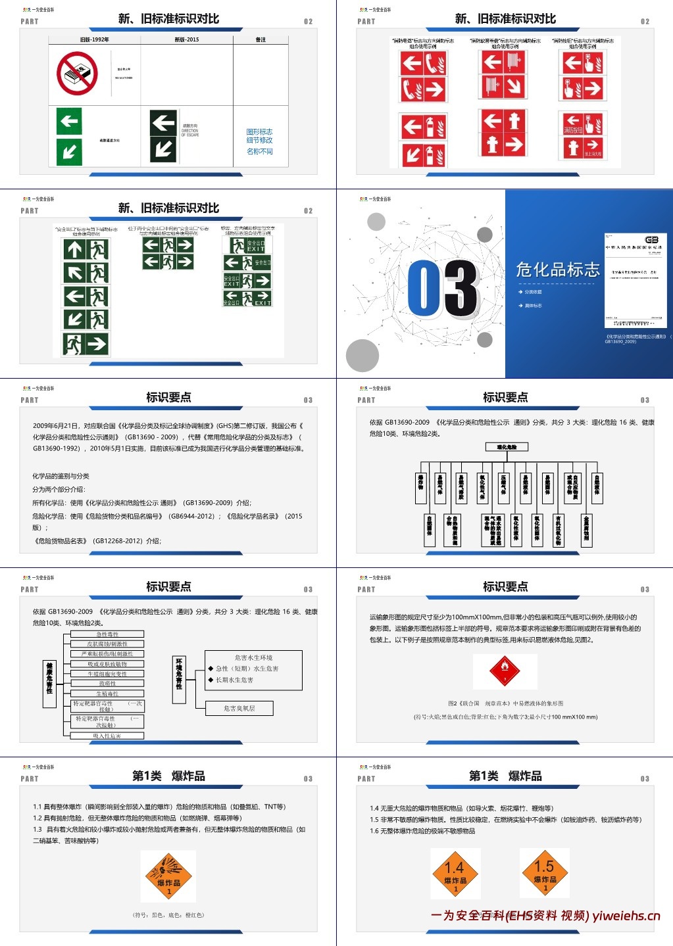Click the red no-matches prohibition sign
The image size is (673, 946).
pos(77,74)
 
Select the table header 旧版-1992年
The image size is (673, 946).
pos(95,40)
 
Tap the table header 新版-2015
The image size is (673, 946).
pos(186,40)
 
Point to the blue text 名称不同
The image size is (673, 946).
pos(259,151)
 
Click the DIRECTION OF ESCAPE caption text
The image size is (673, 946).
pos(189,130)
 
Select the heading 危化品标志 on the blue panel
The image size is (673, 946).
pos(557,270)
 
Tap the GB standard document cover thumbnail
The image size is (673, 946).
pos(636,280)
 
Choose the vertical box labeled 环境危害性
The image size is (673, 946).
pos(179,674)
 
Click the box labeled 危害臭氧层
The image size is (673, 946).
pos(239,708)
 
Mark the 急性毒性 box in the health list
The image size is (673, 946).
pos(107,634)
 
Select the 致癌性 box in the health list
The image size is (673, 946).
pos(107,684)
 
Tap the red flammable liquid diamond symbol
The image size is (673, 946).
pos(505,671)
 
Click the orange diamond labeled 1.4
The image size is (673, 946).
pos(455,873)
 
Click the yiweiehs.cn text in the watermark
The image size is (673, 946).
pos(626,916)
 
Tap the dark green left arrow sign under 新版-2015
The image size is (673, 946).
pos(163,122)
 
